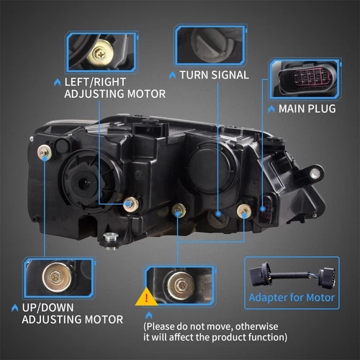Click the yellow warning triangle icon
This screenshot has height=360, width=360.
tap(146, 298)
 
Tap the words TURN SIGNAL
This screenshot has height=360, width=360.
tap(215, 75)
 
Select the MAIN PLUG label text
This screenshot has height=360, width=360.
tap(307, 109)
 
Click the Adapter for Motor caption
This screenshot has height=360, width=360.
tap(292, 297)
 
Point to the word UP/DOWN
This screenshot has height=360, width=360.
tap(48, 308)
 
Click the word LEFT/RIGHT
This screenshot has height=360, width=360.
tap(95, 82)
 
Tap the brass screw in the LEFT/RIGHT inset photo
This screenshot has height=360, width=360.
tap(100, 53)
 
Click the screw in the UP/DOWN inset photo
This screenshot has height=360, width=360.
tap(57, 277)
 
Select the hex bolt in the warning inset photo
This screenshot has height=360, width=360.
tap(181, 286)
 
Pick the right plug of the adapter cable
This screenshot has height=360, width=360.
tap(325, 276)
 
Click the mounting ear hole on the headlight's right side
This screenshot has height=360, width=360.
tap(315, 173)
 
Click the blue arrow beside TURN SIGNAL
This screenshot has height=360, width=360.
tap(172, 75)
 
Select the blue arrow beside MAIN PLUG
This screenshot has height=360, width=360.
tap(271, 109)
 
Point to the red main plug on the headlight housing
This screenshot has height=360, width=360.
tap(266, 208)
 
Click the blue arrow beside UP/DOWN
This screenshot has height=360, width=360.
tap(14, 308)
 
